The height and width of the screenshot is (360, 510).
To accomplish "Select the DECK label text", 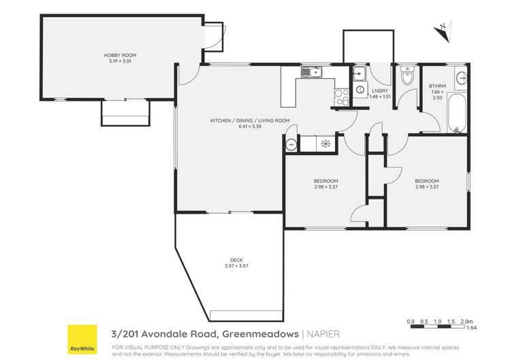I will pos(236,259).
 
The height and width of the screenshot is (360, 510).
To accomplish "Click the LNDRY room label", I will pos(379,90).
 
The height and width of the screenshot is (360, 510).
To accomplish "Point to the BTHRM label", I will pos(436,86).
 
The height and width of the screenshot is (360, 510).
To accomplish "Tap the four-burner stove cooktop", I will pos(340,98).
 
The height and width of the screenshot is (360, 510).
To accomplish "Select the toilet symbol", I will pos(407,77).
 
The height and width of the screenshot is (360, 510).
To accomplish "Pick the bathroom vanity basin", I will pos(462,78).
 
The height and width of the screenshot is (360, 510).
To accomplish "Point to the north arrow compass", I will pos(443,29).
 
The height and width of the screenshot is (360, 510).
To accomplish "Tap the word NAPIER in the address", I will pos(321,333).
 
